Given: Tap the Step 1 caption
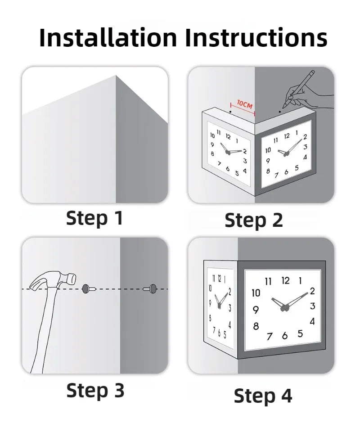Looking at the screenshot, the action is click(94, 218).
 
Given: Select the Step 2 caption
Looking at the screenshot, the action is click(254, 220).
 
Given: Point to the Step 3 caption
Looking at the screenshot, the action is click(95, 391).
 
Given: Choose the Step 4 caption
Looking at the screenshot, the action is click(263, 396).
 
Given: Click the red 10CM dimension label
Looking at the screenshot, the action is click(245, 105).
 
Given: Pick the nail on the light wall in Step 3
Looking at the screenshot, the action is click(89, 289).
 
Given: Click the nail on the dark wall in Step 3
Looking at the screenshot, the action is click(150, 289).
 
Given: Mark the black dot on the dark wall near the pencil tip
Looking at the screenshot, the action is click(280, 112).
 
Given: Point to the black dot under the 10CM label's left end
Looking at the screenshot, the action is click(230, 112).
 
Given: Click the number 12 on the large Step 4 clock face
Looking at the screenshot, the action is click(286, 281).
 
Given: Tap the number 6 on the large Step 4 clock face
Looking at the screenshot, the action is click(285, 336).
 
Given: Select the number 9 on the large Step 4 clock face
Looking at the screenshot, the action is click(256, 310).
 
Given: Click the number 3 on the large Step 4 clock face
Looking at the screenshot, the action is click(312, 306).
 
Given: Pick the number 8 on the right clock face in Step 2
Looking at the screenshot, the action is click(268, 171).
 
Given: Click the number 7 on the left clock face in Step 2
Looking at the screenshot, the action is click(220, 164).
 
